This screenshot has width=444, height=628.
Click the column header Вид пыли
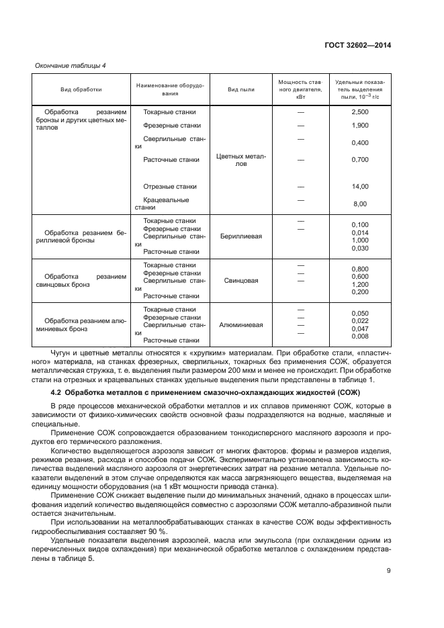click(x=240, y=89)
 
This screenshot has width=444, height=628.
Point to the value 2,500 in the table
click(x=360, y=112)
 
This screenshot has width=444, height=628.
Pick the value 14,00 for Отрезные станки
click(x=360, y=187)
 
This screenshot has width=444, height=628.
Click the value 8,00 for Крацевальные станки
click(x=360, y=204)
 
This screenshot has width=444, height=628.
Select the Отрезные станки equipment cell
click(x=170, y=187)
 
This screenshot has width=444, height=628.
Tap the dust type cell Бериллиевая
click(x=240, y=236)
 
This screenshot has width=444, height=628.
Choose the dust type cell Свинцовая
click(x=240, y=280)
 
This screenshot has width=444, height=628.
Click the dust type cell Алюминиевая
click(x=240, y=324)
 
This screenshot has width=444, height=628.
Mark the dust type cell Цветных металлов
click(x=240, y=160)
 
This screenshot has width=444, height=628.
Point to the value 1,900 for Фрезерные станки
click(x=360, y=126)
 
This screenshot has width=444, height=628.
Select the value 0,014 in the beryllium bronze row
click(x=360, y=232)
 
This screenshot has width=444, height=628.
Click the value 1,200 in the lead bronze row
click(x=360, y=284)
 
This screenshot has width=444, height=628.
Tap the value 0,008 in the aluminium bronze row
click(x=360, y=337)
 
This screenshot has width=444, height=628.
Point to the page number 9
click(x=389, y=572)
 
